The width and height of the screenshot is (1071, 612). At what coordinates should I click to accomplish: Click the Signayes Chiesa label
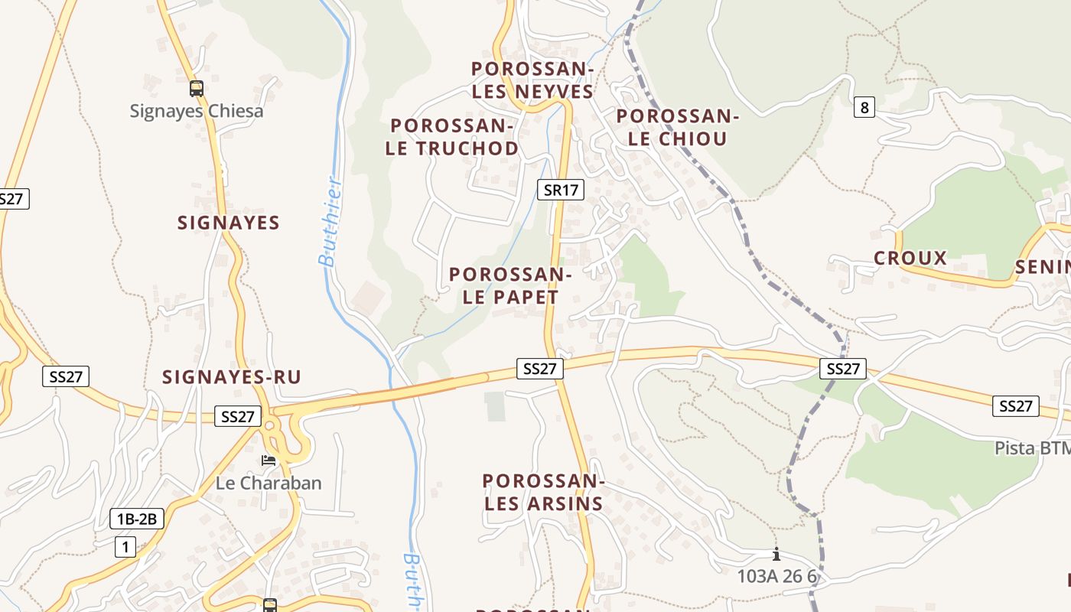click(x=196, y=111)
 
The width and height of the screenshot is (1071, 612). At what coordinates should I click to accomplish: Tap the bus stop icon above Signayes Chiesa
click(x=196, y=88)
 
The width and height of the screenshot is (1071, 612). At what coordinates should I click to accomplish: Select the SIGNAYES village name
click(x=229, y=223)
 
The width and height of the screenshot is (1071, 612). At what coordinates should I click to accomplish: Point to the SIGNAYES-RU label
click(x=232, y=377)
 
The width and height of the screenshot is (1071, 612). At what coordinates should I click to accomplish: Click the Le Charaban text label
click(x=269, y=483)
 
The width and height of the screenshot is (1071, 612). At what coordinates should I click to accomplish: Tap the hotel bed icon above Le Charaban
click(x=269, y=461)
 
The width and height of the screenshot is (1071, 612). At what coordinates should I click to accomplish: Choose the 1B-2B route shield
click(x=137, y=519)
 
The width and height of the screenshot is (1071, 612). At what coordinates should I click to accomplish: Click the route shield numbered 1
click(x=125, y=547)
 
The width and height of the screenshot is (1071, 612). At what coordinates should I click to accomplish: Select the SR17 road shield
click(x=560, y=190)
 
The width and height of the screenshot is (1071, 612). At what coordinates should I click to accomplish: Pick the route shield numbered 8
click(x=864, y=107)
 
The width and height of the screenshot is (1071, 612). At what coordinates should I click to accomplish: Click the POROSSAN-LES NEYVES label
click(x=532, y=80)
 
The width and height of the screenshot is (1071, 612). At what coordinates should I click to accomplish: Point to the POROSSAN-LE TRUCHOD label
click(x=451, y=137)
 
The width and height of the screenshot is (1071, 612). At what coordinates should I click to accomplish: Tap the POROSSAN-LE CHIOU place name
click(x=677, y=128)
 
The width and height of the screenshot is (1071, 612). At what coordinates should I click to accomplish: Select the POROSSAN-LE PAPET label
click(x=510, y=285)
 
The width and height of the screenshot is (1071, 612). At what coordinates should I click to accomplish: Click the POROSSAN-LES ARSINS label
click(x=543, y=492)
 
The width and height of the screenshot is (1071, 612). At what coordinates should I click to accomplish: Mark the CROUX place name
click(x=910, y=259)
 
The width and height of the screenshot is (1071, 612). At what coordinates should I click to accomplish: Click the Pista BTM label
click(x=1033, y=448)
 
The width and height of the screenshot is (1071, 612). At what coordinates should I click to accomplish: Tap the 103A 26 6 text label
click(x=777, y=576)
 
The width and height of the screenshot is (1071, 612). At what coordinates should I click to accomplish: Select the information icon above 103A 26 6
click(x=776, y=555)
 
